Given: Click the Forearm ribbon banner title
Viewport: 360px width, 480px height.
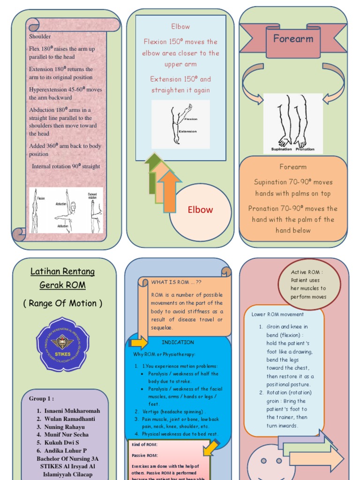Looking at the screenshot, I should (293, 39).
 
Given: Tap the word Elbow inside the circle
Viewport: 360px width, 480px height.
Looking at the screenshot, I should (200, 210).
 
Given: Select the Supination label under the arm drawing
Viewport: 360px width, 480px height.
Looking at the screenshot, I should (281, 149).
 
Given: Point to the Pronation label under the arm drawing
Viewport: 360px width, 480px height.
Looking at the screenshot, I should (305, 149).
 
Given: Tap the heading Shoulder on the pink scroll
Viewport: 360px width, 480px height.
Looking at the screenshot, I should (40, 37).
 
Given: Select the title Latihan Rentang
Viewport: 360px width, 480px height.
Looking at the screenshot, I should (62, 271).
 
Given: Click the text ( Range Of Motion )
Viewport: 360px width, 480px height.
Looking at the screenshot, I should (62, 303).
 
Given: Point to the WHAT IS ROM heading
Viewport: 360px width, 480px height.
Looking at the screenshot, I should (176, 282).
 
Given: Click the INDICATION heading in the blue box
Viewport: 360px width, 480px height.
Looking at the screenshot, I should (178, 342).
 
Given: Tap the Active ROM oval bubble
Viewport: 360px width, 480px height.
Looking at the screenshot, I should (308, 284).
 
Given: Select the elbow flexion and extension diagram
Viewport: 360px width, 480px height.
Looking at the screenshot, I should (180, 124).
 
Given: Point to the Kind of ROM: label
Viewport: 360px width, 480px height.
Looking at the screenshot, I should (144, 444).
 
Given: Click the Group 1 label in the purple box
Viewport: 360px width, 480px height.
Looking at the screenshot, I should (41, 398).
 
